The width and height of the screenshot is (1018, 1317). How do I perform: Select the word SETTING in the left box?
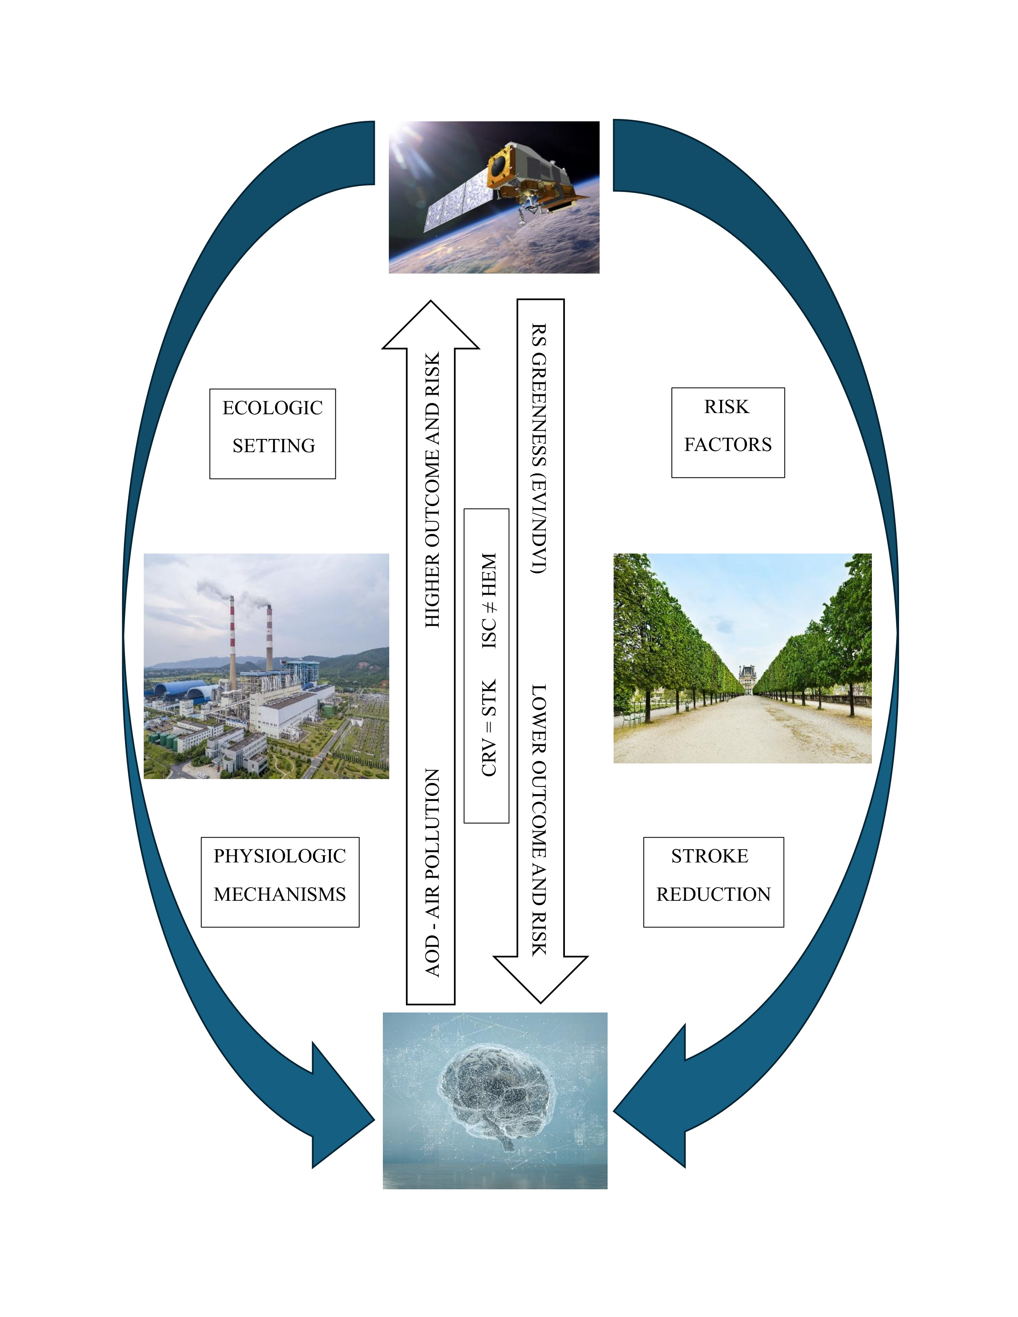[x=274, y=446]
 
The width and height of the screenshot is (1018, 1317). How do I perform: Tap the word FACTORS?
[x=727, y=445]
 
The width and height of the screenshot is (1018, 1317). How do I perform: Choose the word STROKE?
[x=709, y=856]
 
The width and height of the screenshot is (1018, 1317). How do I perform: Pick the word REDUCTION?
[x=713, y=894]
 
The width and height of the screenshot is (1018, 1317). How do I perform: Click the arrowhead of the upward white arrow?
[x=431, y=328]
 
